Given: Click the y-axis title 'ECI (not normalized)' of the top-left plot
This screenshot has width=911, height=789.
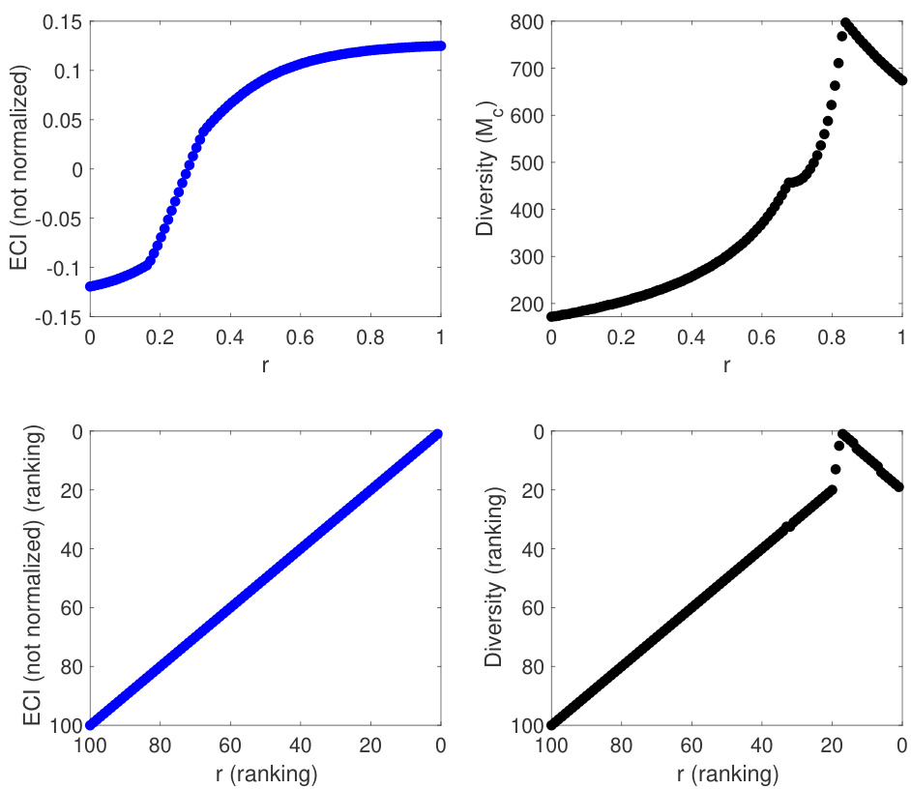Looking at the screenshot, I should click(21, 168).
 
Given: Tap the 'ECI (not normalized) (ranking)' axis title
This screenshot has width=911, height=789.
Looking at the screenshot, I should click(21, 578).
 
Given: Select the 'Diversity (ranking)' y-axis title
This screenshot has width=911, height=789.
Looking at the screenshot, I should click(495, 578).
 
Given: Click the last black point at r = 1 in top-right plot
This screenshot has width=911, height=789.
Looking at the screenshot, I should click(901, 80).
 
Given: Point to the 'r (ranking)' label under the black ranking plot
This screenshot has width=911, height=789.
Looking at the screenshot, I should click(726, 773).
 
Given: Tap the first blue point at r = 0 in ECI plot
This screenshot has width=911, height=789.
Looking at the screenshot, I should click(90, 286).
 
